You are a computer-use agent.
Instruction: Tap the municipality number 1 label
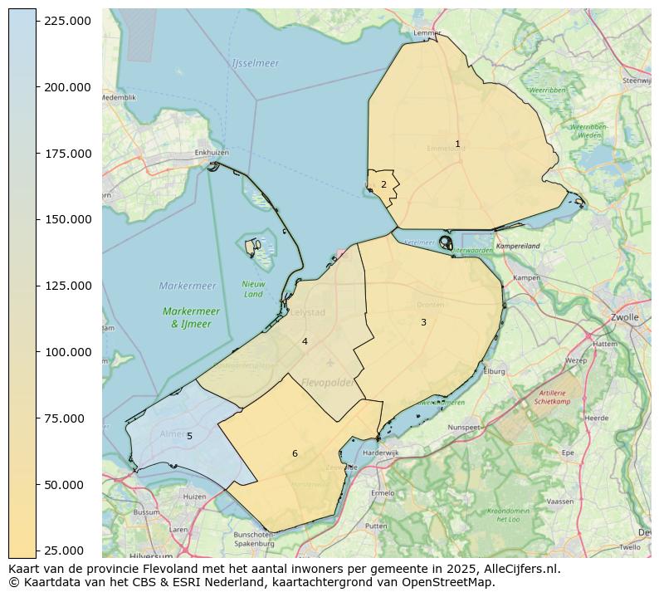[457, 144]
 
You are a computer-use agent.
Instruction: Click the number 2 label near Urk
[383, 185]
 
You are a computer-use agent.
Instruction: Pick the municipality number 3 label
[423, 322]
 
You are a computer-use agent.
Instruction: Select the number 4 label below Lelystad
[305, 342]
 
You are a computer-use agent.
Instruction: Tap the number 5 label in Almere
[189, 436]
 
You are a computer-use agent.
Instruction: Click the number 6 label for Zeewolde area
[295, 453]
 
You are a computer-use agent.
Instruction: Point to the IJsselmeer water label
[256, 63]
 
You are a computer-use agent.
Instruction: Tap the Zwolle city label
[623, 317]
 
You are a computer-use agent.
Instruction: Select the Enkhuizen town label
[211, 153]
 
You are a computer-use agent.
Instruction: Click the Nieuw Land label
[253, 289]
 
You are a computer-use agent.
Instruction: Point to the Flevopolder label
[327, 383]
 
